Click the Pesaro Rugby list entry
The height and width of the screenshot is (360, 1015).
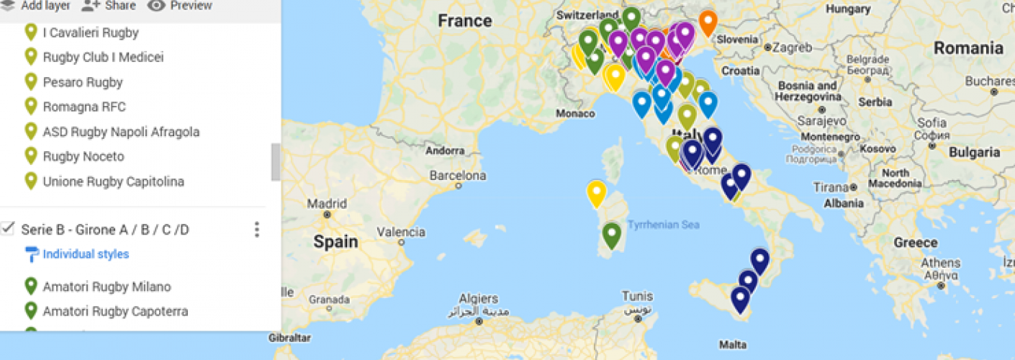(x=82, y=82)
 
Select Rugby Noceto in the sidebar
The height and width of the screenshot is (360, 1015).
(x=83, y=156)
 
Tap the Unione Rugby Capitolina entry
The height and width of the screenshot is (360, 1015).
(x=113, y=181)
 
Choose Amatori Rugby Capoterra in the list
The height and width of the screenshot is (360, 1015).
(x=115, y=311)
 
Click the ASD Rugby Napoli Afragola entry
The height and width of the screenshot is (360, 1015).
(x=121, y=132)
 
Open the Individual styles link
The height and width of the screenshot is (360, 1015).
(x=86, y=254)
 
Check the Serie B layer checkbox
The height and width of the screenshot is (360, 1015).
(x=9, y=229)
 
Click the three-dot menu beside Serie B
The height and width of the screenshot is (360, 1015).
(x=257, y=230)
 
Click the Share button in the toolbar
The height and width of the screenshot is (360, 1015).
(x=109, y=6)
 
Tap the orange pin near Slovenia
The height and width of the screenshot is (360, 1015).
(x=708, y=22)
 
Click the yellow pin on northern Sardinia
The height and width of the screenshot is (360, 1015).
(x=596, y=193)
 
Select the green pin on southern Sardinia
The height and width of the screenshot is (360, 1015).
(x=612, y=235)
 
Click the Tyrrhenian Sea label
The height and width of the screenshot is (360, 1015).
(x=663, y=225)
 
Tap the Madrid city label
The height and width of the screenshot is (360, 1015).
(x=328, y=204)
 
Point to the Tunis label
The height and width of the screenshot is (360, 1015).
(x=637, y=296)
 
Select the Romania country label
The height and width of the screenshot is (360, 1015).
(x=968, y=48)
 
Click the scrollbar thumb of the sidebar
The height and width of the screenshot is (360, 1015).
(x=276, y=162)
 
